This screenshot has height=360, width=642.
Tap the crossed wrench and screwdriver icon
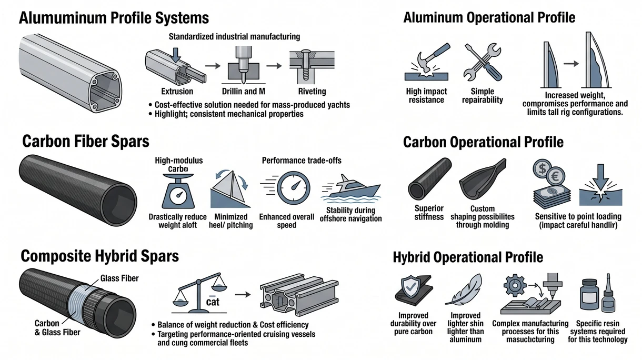pyautogui.click(x=483, y=62)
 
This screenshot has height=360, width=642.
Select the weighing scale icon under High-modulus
pyautogui.click(x=178, y=191)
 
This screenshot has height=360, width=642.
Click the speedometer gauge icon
pyautogui.click(x=293, y=188)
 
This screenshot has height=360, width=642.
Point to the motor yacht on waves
pyautogui.click(x=352, y=189)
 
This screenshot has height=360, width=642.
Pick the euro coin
pyautogui.click(x=556, y=176)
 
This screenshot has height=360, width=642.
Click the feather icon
pyautogui.click(x=465, y=289)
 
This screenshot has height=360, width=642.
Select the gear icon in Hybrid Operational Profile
pyautogui.click(x=515, y=285)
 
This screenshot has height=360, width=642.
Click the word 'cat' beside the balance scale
pyautogui.click(x=213, y=302)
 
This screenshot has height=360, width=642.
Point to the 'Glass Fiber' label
pyautogui.click(x=119, y=278)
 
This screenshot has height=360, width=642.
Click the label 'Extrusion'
pyautogui.click(x=177, y=92)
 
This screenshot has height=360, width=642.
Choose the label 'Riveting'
pyautogui.click(x=312, y=92)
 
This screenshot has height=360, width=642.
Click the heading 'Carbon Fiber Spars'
pyautogui.click(x=86, y=141)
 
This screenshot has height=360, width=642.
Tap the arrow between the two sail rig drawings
pyautogui.click(x=571, y=63)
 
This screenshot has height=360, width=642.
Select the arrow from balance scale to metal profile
pyautogui.click(x=243, y=294)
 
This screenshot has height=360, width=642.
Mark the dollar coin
pyautogui.click(x=542, y=168)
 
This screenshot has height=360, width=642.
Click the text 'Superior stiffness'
pyautogui.click(x=429, y=213)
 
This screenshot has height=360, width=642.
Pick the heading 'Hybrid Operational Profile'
pyautogui.click(x=468, y=257)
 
